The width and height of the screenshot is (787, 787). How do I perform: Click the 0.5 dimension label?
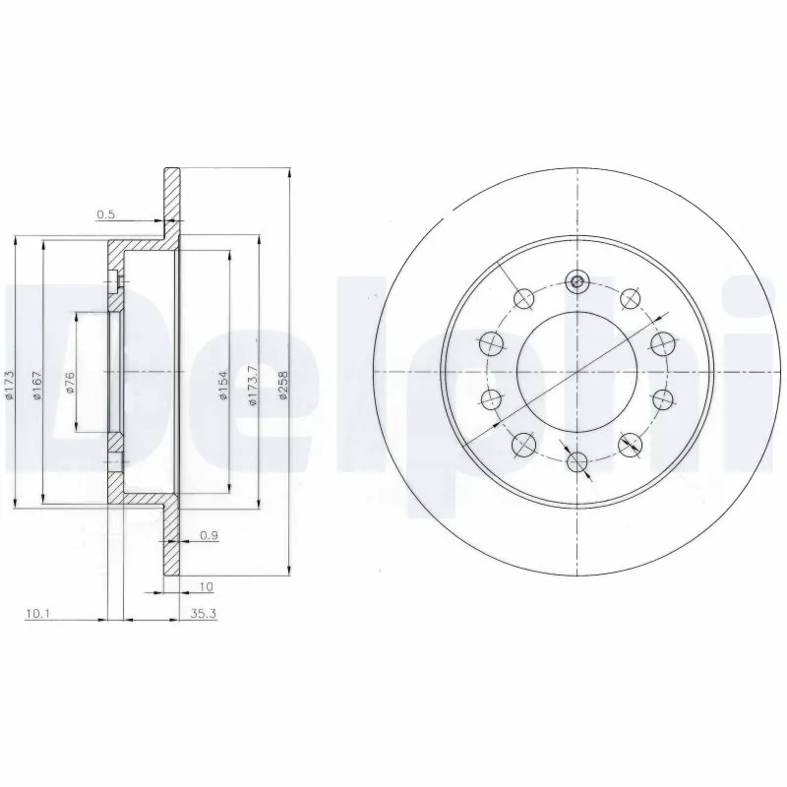tap(106, 213)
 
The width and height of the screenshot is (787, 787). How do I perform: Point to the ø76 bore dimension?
tap(71, 384)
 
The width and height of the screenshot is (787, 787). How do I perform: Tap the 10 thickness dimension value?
tap(206, 586)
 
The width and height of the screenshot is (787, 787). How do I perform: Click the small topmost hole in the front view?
tap(577, 283)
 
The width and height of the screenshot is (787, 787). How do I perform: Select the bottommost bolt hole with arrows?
tap(577, 460)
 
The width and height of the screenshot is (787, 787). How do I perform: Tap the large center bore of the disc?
tap(577, 371)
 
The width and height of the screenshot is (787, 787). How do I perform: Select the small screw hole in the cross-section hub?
tap(117, 284)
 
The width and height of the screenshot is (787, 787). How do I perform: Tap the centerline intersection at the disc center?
tap(577, 371)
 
